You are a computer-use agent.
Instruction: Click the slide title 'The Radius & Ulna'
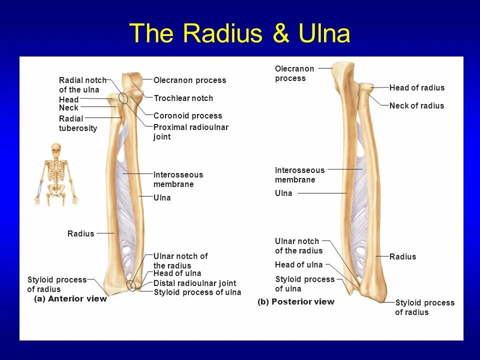(x=240, y=34)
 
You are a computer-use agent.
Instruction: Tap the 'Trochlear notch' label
(x=183, y=98)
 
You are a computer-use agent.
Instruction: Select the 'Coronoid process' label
(x=187, y=116)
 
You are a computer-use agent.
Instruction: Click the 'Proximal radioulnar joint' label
(x=190, y=132)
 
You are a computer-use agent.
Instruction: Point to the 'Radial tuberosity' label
(x=77, y=123)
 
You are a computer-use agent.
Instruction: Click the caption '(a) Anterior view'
(x=70, y=299)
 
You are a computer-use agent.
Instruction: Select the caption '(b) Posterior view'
(x=296, y=302)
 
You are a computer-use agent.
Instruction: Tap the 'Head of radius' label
(x=416, y=88)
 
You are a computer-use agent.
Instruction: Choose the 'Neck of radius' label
(x=416, y=106)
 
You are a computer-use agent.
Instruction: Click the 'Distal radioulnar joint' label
(x=194, y=283)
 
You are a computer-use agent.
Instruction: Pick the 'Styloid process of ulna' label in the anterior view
(x=197, y=292)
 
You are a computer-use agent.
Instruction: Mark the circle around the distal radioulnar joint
(x=131, y=285)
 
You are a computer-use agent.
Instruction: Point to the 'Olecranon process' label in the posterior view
(x=294, y=73)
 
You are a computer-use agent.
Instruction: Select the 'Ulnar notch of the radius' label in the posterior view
(x=298, y=246)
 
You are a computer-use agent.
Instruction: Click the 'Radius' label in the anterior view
(x=80, y=233)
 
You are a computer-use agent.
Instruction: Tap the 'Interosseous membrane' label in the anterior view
(x=178, y=179)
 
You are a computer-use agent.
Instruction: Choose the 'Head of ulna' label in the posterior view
(x=298, y=265)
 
